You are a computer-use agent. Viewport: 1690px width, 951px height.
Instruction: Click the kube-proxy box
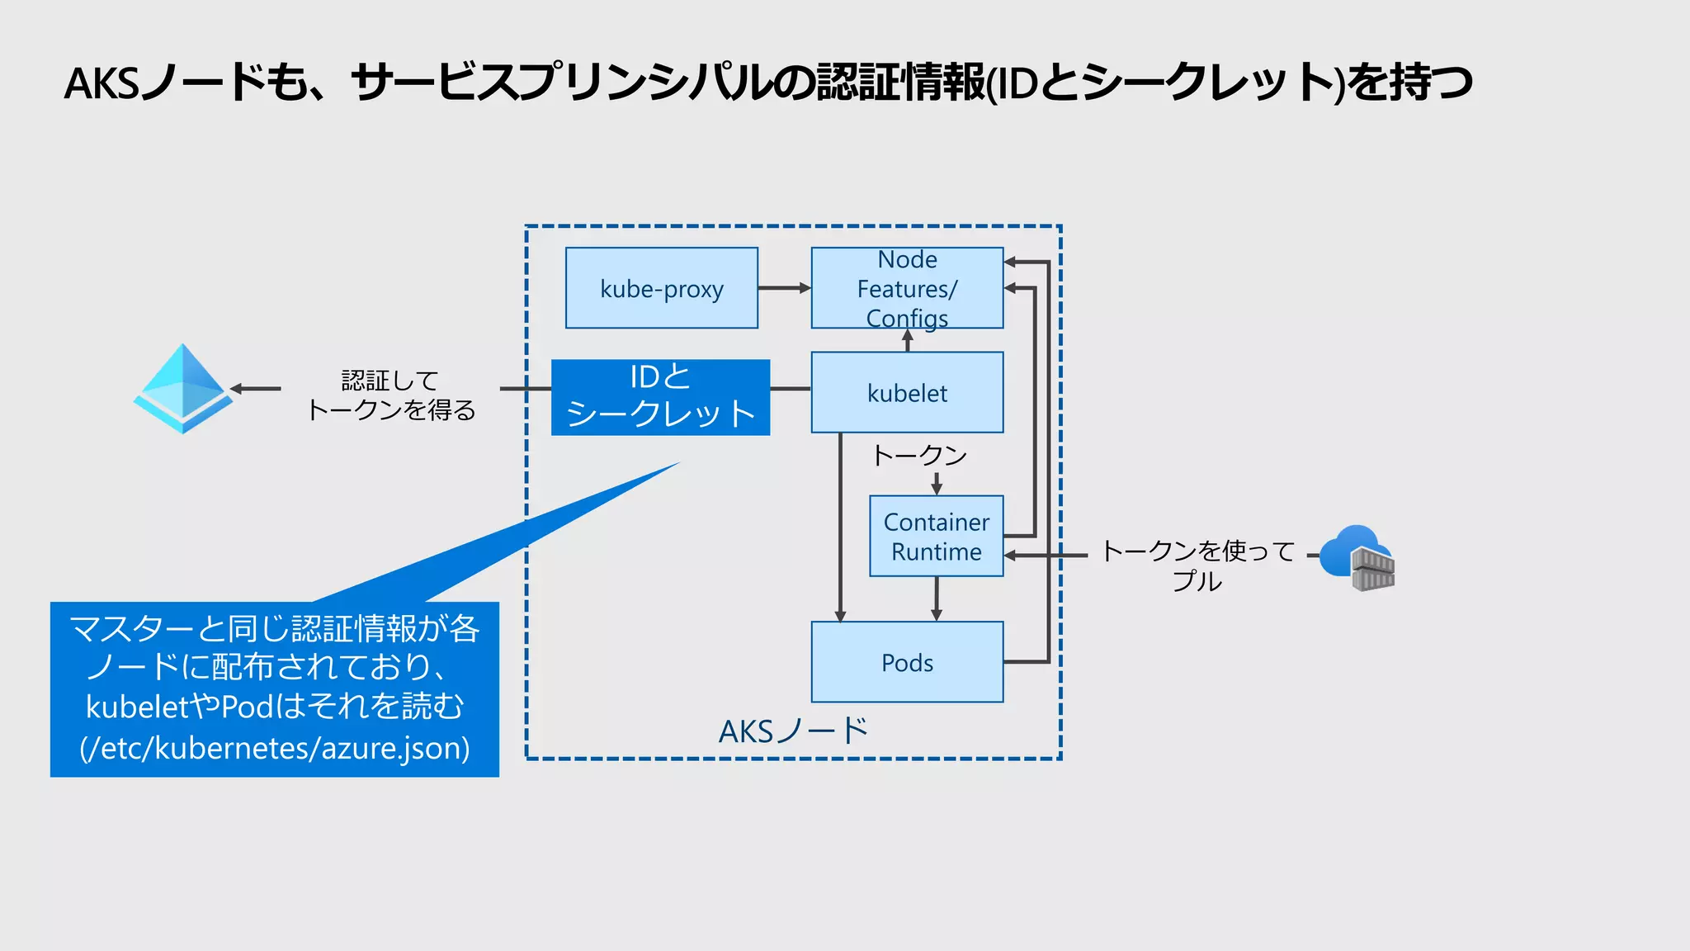(661, 288)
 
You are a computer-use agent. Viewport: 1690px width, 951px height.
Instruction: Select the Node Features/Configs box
(907, 288)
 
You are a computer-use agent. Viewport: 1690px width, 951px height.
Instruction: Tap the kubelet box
(907, 392)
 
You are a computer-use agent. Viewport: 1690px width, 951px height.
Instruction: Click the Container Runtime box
(936, 536)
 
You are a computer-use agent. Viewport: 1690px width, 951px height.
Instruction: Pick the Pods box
(907, 662)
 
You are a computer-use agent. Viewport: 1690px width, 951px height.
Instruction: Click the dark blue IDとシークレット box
(660, 397)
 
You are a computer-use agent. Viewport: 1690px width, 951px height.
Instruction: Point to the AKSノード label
(793, 731)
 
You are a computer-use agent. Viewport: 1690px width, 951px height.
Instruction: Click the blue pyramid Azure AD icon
(183, 388)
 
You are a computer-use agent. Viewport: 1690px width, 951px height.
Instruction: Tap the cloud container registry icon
(1357, 557)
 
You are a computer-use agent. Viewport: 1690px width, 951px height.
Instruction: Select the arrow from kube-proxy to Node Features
(784, 288)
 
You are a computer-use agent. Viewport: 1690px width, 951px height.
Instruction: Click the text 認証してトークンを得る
(390, 395)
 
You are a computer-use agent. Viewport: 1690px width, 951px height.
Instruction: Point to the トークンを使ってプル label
(1197, 565)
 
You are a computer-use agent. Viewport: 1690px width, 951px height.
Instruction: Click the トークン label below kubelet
(919, 455)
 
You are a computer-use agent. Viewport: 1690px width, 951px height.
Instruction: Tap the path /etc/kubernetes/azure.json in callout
(275, 748)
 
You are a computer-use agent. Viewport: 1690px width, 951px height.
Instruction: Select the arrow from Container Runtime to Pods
(936, 599)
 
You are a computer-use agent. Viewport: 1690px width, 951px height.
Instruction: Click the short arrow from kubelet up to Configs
(907, 340)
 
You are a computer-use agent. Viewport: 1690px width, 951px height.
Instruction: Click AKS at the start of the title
(101, 83)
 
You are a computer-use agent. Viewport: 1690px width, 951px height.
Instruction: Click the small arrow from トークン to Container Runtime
(936, 484)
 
